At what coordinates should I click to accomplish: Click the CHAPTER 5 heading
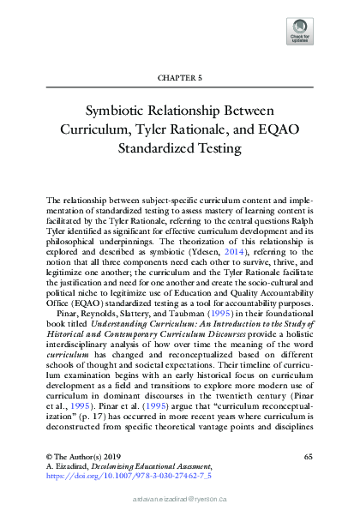pos(179,78)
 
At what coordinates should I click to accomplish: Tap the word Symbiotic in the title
pos(114,111)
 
